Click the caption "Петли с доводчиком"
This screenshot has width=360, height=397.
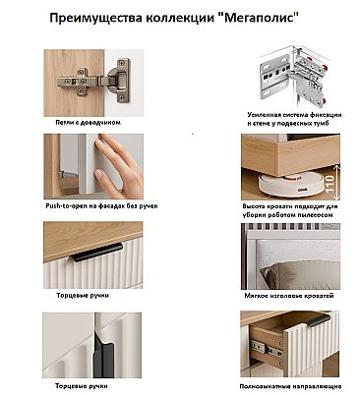click(88, 123)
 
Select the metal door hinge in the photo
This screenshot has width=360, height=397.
click(95, 81)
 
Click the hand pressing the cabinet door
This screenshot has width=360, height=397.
click(118, 166)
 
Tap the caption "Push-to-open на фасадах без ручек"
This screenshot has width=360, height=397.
click(101, 206)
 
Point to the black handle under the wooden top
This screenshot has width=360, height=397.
click(97, 253)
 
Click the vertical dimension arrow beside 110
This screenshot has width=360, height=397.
click(336, 183)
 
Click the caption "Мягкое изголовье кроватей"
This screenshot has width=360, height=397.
click(289, 296)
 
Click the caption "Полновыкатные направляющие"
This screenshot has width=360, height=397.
click(290, 386)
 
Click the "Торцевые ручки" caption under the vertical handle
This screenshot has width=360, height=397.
click(82, 386)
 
